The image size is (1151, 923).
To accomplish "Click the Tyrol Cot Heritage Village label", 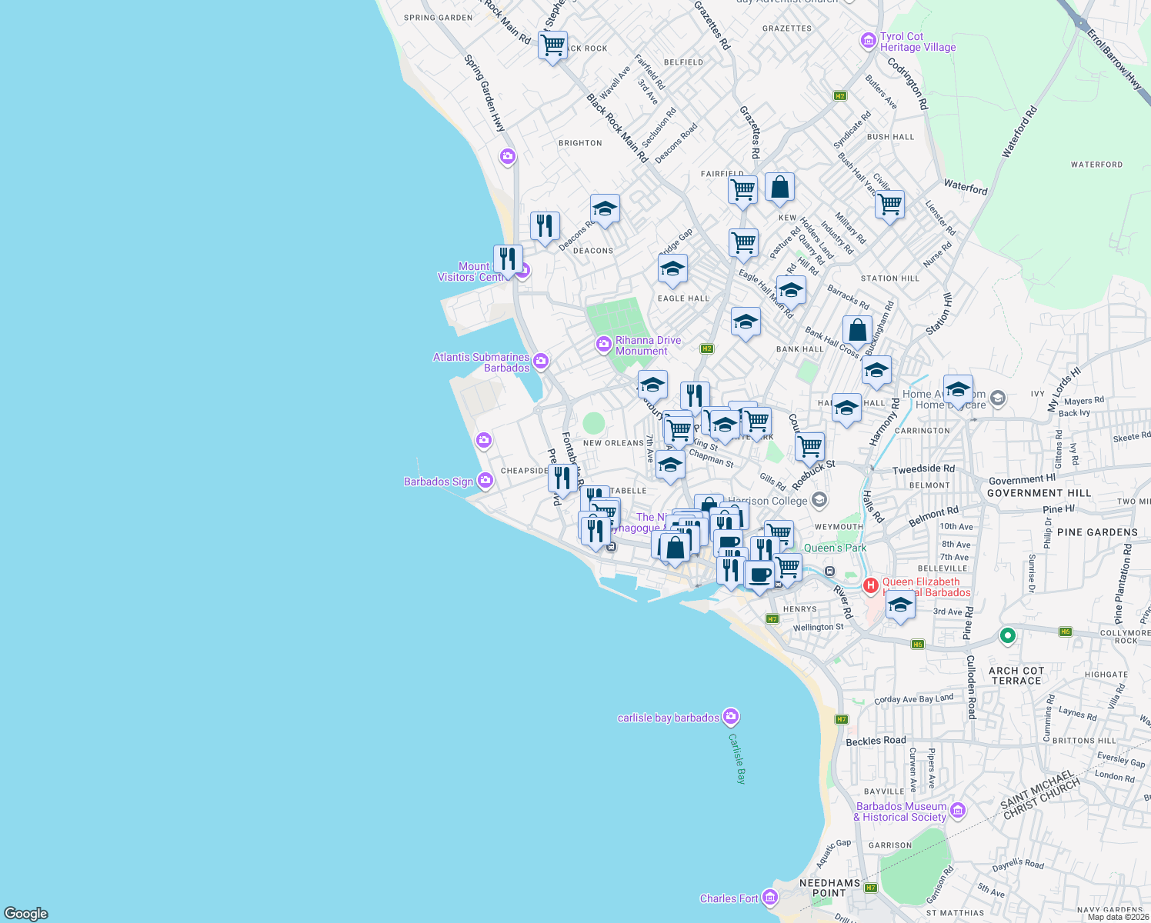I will point(917,42).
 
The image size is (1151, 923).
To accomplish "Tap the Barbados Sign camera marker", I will point(485,481).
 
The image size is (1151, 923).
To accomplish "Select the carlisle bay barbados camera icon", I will point(731,717).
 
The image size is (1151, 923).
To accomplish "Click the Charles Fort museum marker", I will point(769,898).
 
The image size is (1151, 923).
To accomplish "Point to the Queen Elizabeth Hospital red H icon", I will point(870,586).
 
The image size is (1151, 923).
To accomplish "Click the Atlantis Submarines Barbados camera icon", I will point(541,361).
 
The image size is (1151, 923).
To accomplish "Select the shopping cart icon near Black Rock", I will point(552,45).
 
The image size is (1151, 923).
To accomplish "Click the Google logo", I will point(25,914).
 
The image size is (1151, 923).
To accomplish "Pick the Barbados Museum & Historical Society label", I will point(901,811).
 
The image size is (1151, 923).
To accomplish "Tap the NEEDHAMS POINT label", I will point(829,888).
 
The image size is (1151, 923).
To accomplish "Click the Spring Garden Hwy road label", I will point(485,92).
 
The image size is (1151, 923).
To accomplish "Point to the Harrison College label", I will point(767,501).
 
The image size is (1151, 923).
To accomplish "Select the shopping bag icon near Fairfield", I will point(779,187).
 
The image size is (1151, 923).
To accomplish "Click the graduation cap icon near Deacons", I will point(605,208).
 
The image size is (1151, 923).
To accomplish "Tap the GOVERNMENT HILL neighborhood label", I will point(1039,493).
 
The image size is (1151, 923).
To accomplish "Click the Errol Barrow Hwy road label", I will point(1114,60).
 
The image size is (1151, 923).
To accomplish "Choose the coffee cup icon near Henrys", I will point(759,575).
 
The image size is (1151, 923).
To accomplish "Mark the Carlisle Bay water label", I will point(737,758).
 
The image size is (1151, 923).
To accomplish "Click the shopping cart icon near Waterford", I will point(889,205).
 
